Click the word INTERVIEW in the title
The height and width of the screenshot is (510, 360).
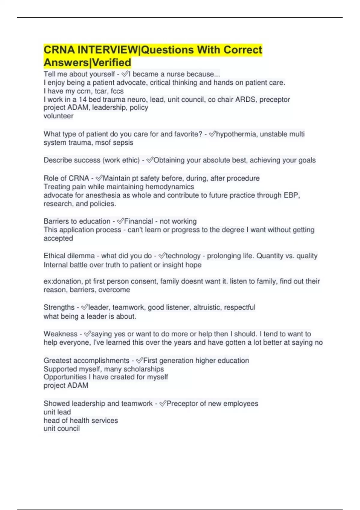pos(108,50)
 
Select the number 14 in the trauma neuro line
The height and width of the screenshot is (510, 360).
pos(82,99)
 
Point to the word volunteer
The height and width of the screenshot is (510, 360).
pos(58,116)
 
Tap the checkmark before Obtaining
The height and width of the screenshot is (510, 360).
pos(150,160)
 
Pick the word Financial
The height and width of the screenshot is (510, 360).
pos(139,221)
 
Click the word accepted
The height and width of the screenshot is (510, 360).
pos(58,238)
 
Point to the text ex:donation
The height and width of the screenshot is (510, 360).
pos(63,281)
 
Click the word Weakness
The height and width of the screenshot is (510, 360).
pos(60,334)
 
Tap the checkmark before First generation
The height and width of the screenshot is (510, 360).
pos(139,361)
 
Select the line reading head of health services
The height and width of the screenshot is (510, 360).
pos(81,421)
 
